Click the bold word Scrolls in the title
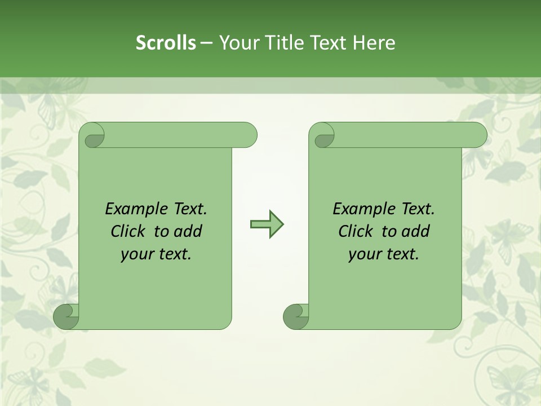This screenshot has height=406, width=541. (x=166, y=43)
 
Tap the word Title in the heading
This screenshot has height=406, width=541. (x=280, y=43)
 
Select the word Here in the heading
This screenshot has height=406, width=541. (x=374, y=43)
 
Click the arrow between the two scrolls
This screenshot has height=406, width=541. (x=267, y=224)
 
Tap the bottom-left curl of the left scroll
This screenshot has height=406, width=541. (x=66, y=317)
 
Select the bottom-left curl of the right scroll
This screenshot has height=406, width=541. (x=295, y=317)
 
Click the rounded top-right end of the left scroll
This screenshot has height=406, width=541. (x=248, y=135)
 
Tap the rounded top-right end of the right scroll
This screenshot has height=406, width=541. (x=478, y=135)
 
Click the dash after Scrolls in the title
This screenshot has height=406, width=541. (x=206, y=43)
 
